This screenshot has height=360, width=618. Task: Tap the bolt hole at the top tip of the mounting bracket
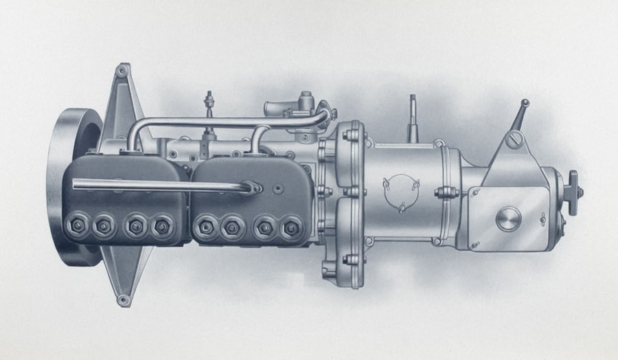[x=123, y=70]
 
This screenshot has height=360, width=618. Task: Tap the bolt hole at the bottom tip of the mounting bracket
[x=123, y=300]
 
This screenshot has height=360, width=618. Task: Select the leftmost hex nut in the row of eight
[x=74, y=225]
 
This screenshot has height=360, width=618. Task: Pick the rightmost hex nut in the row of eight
[x=291, y=226]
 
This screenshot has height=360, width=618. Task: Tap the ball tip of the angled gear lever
[x=525, y=103]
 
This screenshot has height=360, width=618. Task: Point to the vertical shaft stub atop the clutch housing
[x=413, y=117]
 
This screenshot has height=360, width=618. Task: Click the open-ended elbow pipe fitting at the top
[x=278, y=108]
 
